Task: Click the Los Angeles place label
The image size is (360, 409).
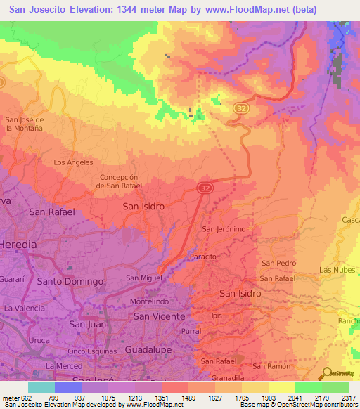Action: (x=74, y=162)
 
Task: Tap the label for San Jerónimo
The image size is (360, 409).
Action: (x=224, y=229)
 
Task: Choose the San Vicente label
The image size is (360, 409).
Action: (x=160, y=317)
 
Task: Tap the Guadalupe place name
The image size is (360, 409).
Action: (x=148, y=349)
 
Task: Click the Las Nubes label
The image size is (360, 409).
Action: (x=335, y=270)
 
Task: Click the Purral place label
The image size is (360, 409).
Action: (x=191, y=330)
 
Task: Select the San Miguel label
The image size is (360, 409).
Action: (x=144, y=278)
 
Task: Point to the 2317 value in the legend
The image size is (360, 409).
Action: (x=349, y=396)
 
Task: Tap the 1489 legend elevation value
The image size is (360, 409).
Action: (x=188, y=396)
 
